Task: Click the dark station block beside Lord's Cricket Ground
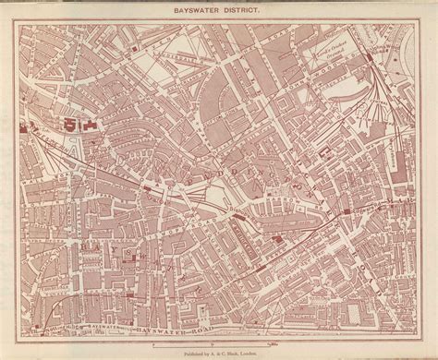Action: tap(371, 58)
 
